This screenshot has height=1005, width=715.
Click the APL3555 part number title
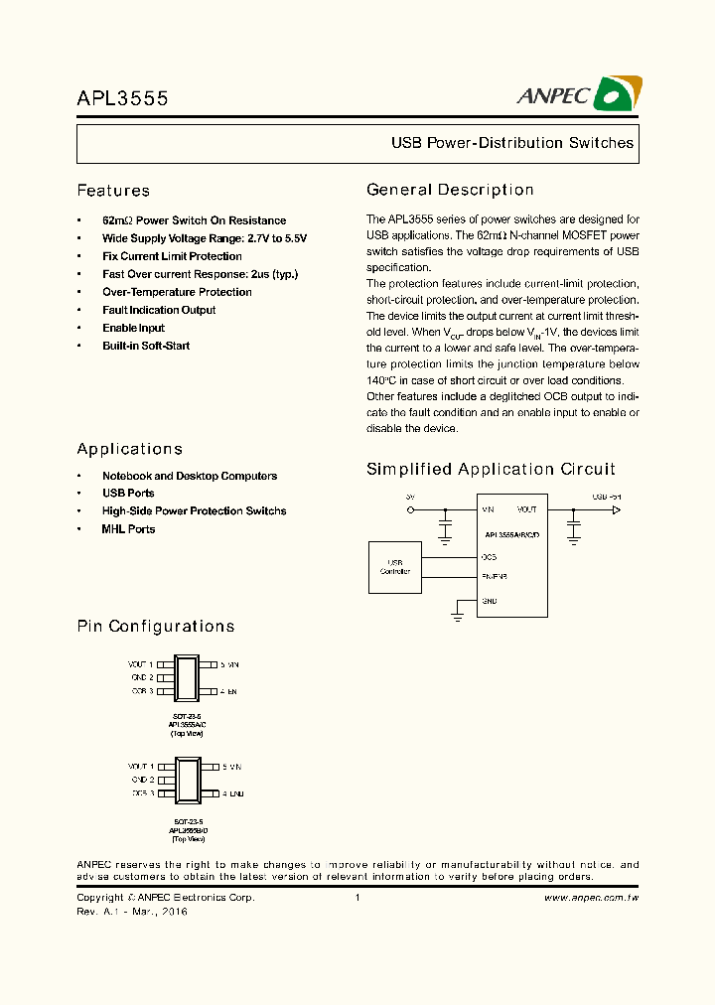123,98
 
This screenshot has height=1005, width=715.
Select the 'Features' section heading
113,191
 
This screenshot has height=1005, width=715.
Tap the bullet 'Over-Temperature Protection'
177,292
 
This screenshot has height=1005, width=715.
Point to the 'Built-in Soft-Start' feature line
146,346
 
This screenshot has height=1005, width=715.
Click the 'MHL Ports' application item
128,529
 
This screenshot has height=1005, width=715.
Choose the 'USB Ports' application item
128,494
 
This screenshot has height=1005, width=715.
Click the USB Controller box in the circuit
394,567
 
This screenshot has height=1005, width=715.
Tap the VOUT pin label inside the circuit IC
526,509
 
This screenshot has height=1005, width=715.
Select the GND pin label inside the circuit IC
490,601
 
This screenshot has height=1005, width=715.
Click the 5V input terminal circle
411,509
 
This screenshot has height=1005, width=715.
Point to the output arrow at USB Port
616,509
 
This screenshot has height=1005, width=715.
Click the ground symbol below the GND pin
458,617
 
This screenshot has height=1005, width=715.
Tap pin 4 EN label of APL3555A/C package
229,691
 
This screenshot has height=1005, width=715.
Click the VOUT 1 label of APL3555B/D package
140,767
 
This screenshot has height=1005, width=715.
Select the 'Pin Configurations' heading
156,627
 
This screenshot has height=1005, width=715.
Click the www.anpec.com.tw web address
591,898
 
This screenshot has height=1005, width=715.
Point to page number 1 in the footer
357,898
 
